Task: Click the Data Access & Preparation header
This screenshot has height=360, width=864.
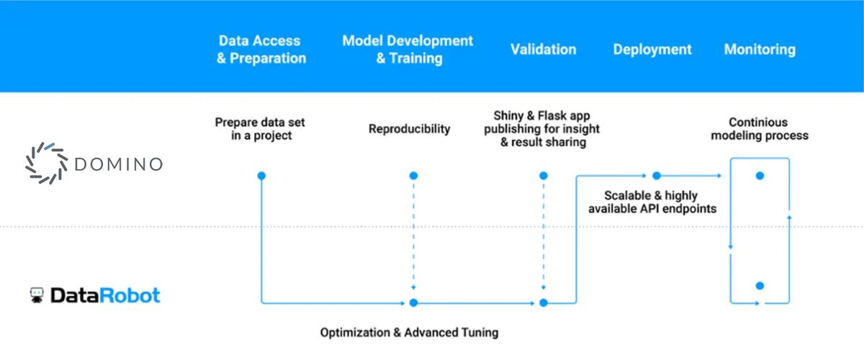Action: pos(261,50)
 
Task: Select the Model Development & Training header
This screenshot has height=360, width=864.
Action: pos(408,50)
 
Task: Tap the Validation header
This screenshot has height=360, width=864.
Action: pos(543,50)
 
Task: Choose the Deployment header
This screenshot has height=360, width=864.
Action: pos(652,50)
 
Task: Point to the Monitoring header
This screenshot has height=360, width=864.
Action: pos(760,50)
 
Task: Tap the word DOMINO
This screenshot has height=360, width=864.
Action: pos(118,165)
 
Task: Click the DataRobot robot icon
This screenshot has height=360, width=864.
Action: pos(37,295)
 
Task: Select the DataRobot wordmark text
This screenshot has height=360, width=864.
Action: pos(105,295)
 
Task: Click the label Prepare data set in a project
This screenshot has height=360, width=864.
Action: pos(261,129)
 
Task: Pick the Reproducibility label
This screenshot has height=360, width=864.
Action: pos(409,129)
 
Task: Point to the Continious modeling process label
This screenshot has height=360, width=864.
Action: pos(760,129)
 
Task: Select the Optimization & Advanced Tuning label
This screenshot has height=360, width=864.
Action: pos(409,333)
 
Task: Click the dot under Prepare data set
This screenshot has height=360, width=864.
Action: pos(261,176)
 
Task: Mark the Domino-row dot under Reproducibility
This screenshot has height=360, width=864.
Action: pos(413,176)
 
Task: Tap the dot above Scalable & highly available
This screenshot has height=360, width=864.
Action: pos(656,176)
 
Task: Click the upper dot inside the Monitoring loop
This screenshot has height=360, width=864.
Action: pos(760,176)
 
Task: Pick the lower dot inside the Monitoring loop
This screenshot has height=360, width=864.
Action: pos(760,285)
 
